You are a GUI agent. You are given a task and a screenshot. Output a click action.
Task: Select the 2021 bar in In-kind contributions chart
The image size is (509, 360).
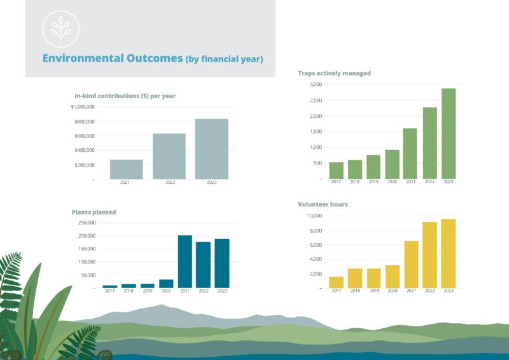point(126,169)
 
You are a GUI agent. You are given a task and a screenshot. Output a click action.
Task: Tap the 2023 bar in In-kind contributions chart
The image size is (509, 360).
point(211,149)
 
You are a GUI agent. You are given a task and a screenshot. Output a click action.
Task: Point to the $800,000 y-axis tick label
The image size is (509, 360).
point(83,121)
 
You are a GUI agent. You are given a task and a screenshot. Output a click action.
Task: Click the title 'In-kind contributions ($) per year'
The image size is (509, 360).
point(125,96)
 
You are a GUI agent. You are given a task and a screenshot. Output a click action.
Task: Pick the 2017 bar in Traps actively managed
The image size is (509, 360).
point(336,170)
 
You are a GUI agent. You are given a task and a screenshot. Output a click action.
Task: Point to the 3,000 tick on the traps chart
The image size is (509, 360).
point(316,85)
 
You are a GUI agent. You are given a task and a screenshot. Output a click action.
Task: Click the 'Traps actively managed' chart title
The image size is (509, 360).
point(334,73)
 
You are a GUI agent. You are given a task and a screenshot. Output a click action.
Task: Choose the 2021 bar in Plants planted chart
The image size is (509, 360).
point(185,261)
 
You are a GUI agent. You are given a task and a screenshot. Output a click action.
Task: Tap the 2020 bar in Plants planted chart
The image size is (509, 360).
point(166,284)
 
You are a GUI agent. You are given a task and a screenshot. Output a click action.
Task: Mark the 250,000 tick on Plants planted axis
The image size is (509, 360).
point(85,223)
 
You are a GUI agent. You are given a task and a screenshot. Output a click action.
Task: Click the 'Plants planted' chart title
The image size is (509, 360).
point(94,212)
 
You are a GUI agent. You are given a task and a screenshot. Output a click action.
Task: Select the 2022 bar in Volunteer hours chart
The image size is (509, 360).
point(429,255)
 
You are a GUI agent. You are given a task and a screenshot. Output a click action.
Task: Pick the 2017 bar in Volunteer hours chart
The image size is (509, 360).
point(336,282)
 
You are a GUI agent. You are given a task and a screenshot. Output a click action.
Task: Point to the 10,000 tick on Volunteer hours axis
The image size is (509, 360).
point(314,216)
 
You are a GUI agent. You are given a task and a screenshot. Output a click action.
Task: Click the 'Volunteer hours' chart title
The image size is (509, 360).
point(323,205)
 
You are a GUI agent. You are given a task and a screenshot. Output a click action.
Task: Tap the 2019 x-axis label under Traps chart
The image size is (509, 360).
point(373,183)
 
